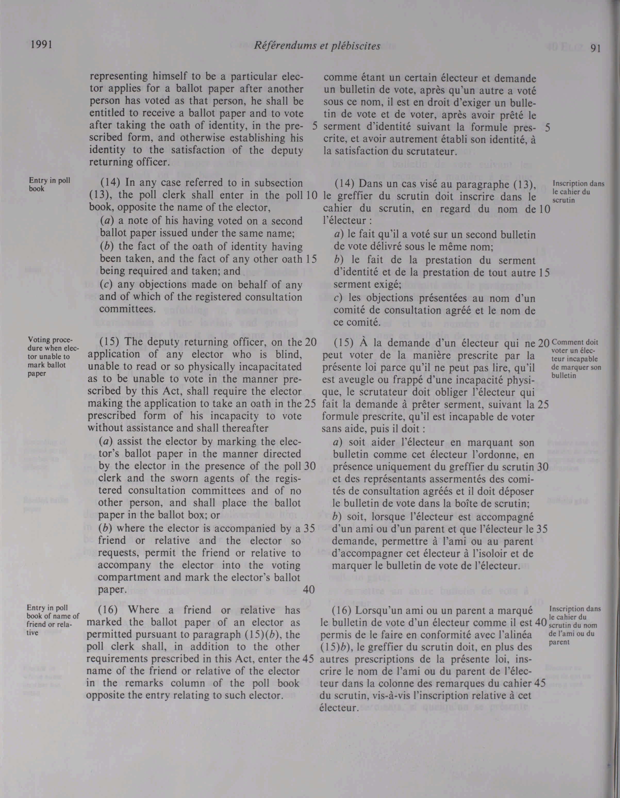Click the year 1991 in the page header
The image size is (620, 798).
(40, 45)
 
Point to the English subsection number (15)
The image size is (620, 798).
(110, 343)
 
